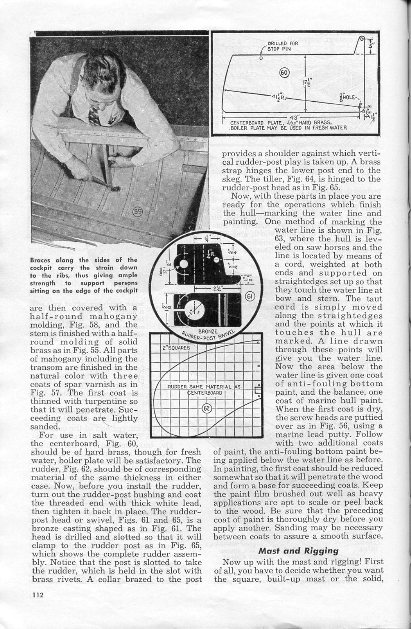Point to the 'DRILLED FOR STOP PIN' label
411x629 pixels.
(282, 46)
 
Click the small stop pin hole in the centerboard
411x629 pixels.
(261, 58)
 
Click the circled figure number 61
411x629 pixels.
(249, 297)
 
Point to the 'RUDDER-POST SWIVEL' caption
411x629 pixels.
(209, 334)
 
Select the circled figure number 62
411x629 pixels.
(207, 408)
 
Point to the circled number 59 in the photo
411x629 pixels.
(138, 212)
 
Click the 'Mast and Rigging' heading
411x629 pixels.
(298, 550)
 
